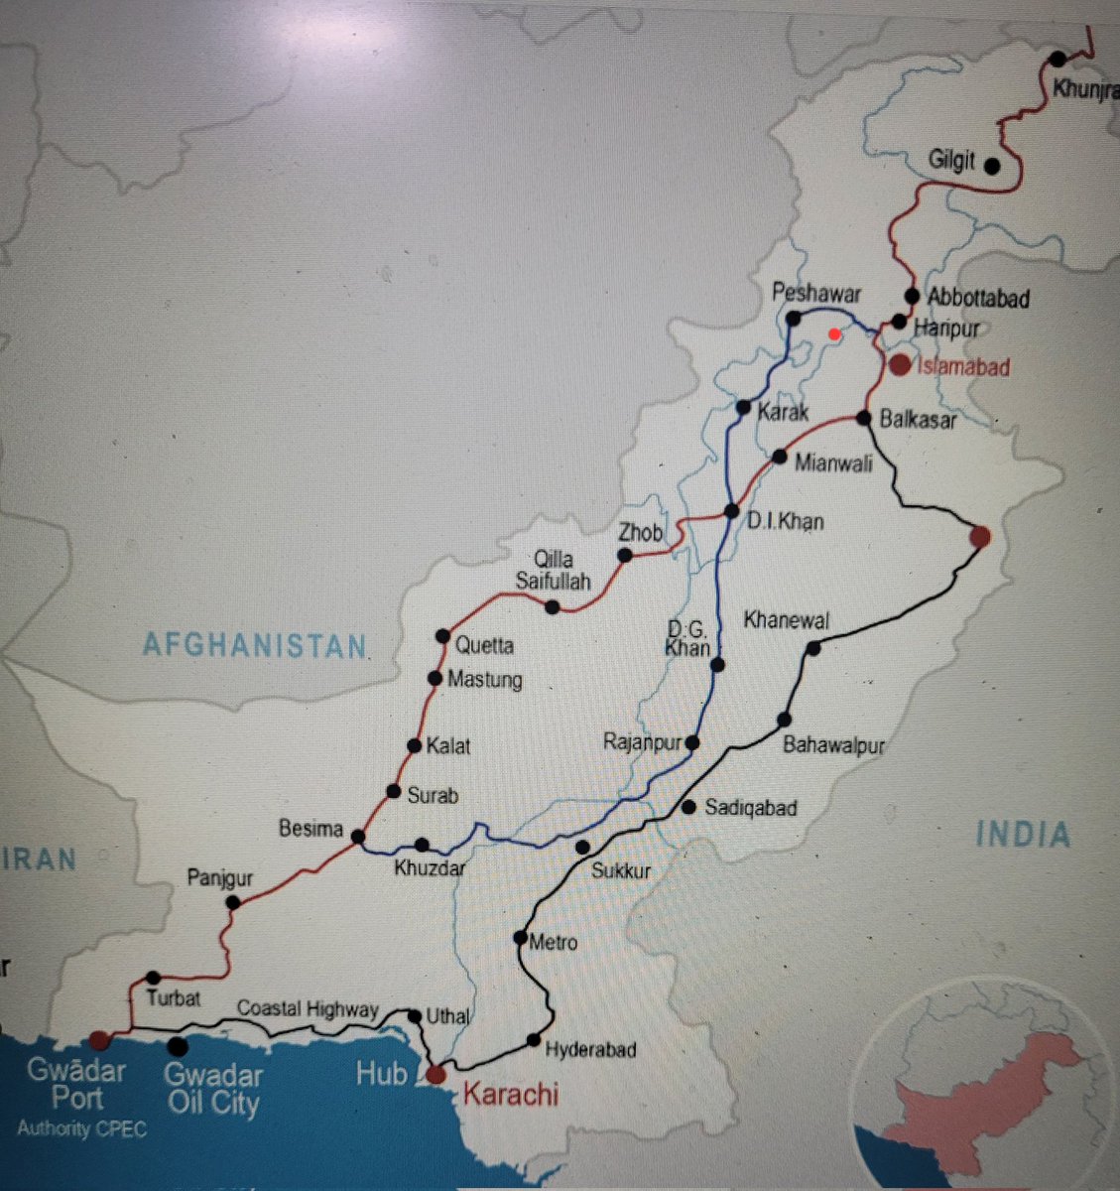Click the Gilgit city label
pos(950,160)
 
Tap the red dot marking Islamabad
pos(900,364)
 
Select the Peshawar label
pos(816,294)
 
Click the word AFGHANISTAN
pos(255,645)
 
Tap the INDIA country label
pos(1023,835)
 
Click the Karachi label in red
pos(510,1095)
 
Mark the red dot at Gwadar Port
pos(98,1039)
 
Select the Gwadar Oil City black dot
pos(178,1046)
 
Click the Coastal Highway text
pos(308,1009)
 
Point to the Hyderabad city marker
pos(534,1040)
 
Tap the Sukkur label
pos(620,871)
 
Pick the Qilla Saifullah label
pos(553,570)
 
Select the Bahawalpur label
pos(833,744)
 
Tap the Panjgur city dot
pos(233,902)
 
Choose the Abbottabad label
pos(978,297)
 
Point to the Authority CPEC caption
pos(81,1129)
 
